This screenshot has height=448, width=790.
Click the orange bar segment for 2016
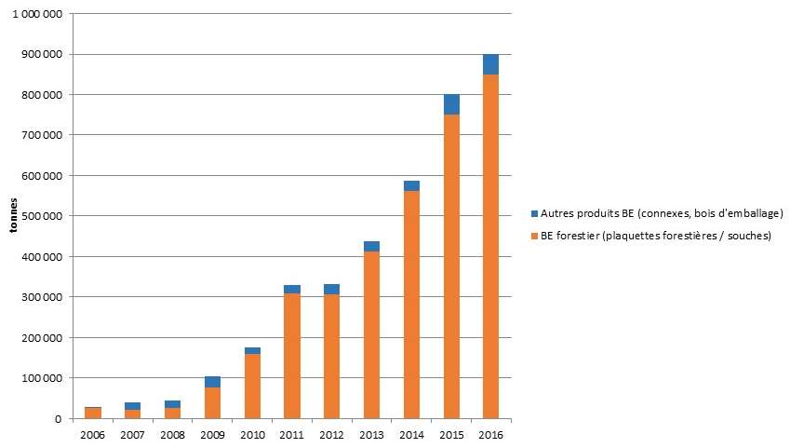(x=490, y=247)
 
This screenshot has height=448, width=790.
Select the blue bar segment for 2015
(x=451, y=104)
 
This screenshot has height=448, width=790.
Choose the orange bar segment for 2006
(x=93, y=413)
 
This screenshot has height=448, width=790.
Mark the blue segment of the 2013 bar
(x=371, y=246)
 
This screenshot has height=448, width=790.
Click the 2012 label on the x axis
(x=332, y=434)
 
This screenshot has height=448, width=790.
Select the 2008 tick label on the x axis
(x=172, y=434)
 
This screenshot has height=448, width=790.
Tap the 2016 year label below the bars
(x=491, y=434)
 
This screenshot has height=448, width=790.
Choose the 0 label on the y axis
(x=59, y=419)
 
